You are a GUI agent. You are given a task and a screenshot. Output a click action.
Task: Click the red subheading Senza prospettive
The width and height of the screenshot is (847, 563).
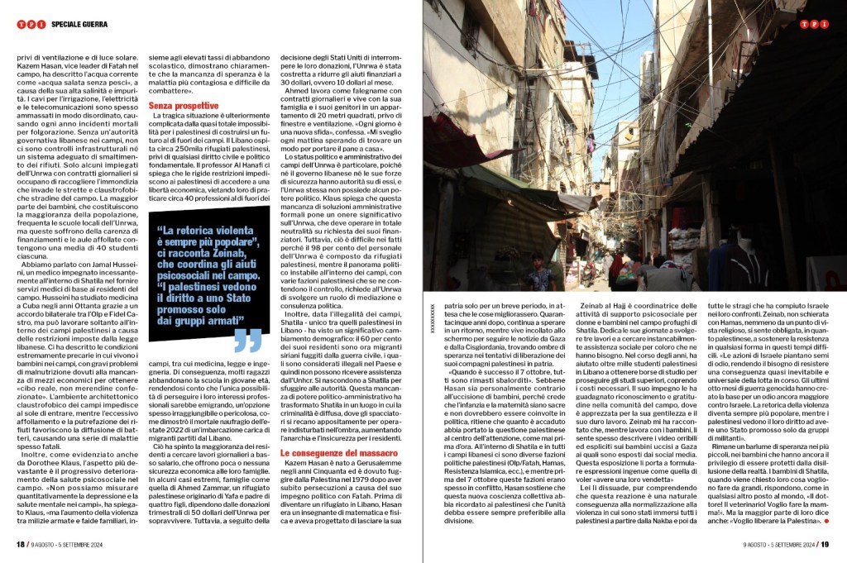184,106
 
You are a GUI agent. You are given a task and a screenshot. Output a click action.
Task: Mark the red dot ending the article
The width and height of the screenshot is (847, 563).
835,522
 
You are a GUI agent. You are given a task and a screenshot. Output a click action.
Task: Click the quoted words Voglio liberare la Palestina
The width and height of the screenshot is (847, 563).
786,522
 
